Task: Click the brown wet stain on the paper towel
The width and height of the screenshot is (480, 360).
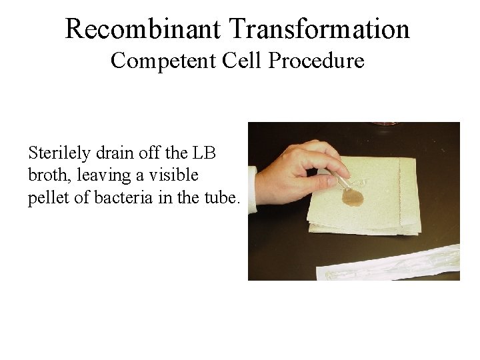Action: pyautogui.click(x=352, y=197)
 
